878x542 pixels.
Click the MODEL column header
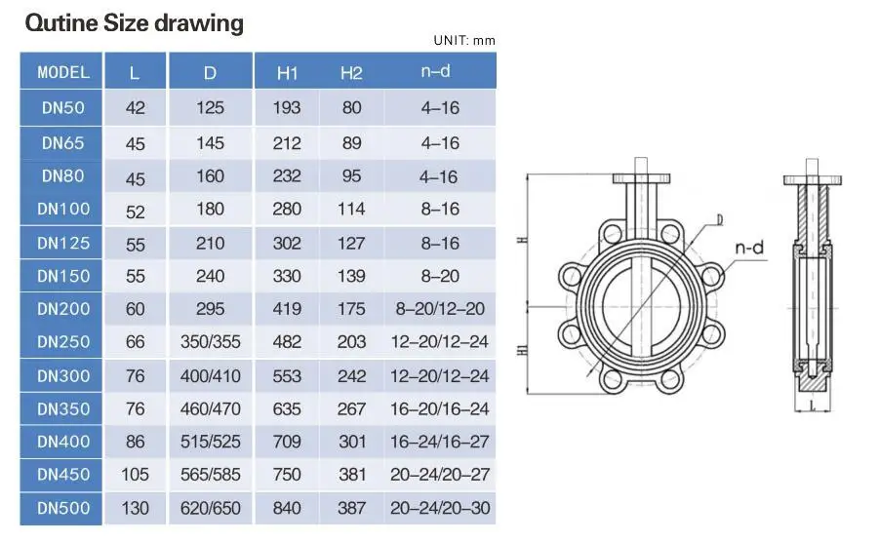pos(63,72)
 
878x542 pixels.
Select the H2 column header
pos(351,73)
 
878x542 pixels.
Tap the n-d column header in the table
pos(435,71)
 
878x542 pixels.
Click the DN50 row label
pos(62,107)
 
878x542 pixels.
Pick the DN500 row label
pos(63,508)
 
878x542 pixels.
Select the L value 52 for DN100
pos(135,212)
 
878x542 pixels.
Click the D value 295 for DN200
pos(210,309)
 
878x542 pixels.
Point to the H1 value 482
pos(287,342)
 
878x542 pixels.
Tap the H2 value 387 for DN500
pos(351,508)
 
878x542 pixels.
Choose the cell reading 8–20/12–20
pos(440,309)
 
